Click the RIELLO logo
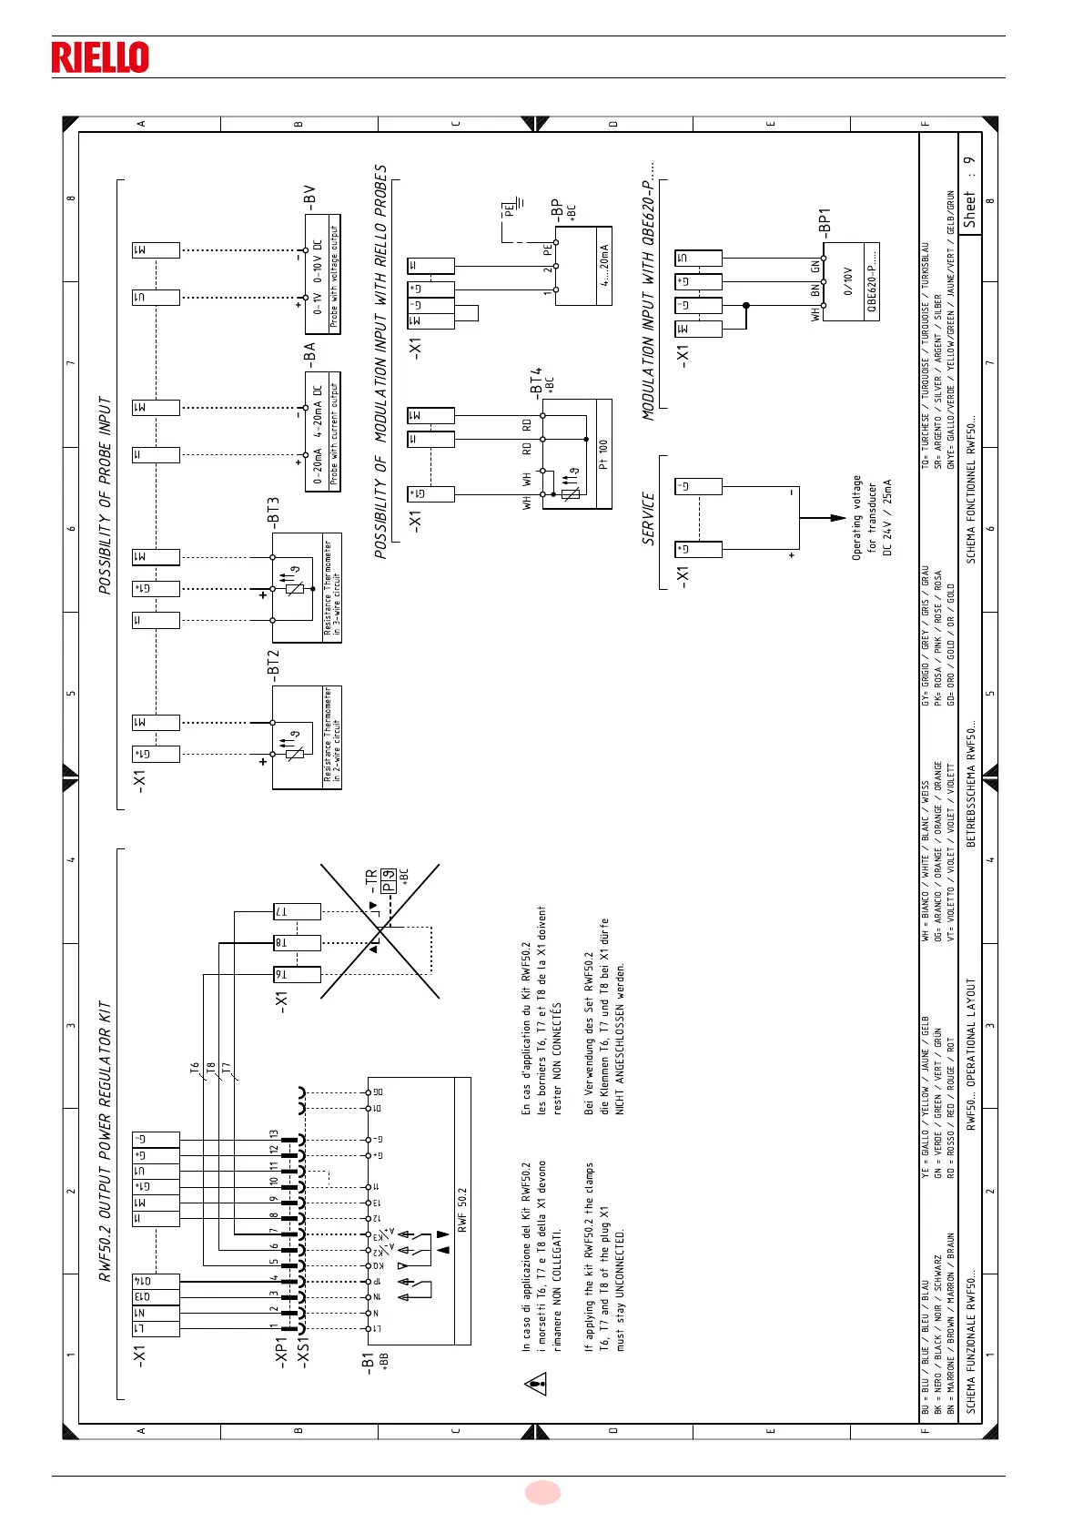[x=100, y=56]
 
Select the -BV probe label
[x=309, y=197]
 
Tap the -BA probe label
[x=309, y=353]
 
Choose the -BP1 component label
[x=825, y=222]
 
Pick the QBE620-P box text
[x=871, y=281]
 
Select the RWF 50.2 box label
[x=462, y=1210]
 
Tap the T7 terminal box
[x=297, y=911]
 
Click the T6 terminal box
[x=297, y=974]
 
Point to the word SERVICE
[x=648, y=519]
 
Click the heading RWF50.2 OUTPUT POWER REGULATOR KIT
[x=106, y=1142]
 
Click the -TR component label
[x=370, y=879]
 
